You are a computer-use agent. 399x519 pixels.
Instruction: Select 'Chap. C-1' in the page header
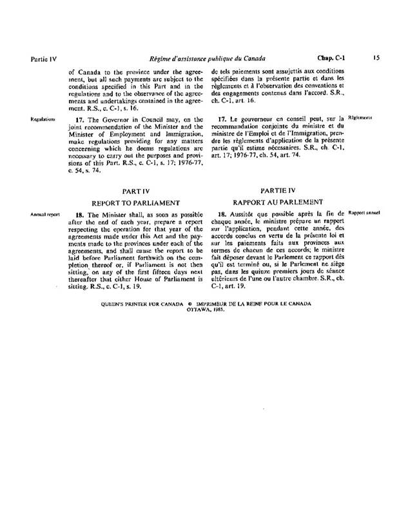(329, 57)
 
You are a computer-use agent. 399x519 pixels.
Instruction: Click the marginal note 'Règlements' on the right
(360, 119)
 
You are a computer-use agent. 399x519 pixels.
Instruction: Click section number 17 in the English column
(81, 119)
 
